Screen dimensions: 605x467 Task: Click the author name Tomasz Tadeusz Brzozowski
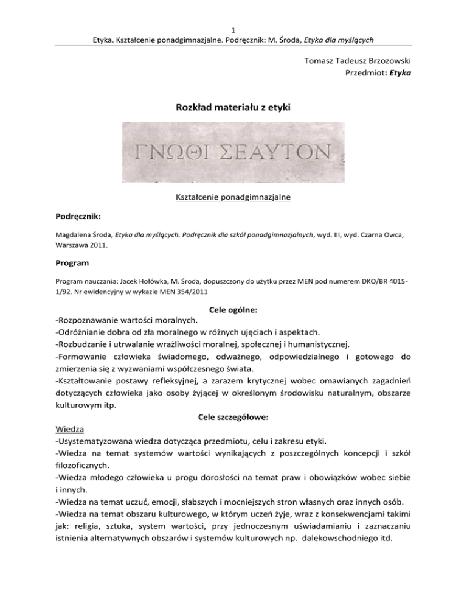tap(354, 61)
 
